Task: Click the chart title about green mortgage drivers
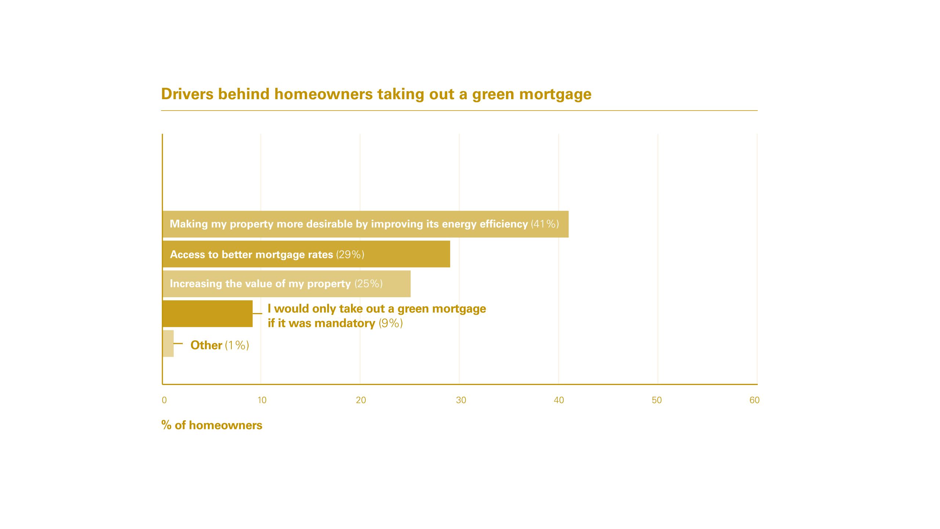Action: pyautogui.click(x=376, y=94)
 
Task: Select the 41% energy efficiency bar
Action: pyautogui.click(x=366, y=224)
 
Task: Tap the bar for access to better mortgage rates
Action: pyautogui.click(x=307, y=254)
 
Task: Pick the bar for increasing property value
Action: pyautogui.click(x=287, y=284)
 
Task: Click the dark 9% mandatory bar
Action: pyautogui.click(x=208, y=314)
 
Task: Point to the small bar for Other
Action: pyautogui.click(x=168, y=343)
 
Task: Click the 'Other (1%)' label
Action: pyautogui.click(x=220, y=345)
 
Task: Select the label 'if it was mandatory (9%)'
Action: pyautogui.click(x=335, y=323)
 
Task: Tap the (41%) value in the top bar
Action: pyautogui.click(x=545, y=224)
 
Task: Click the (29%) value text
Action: pyautogui.click(x=350, y=254)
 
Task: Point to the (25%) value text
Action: pyautogui.click(x=369, y=284)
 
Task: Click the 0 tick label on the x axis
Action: pyautogui.click(x=164, y=400)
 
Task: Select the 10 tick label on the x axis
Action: pyautogui.click(x=262, y=400)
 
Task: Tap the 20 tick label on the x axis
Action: pyautogui.click(x=361, y=400)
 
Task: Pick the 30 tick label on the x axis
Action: pyautogui.click(x=461, y=400)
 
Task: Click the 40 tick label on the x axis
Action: pyautogui.click(x=559, y=400)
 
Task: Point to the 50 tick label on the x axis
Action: pyautogui.click(x=657, y=400)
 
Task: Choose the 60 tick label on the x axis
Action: pyautogui.click(x=755, y=400)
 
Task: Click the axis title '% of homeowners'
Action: pyautogui.click(x=212, y=425)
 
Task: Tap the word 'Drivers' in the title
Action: pyautogui.click(x=187, y=94)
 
